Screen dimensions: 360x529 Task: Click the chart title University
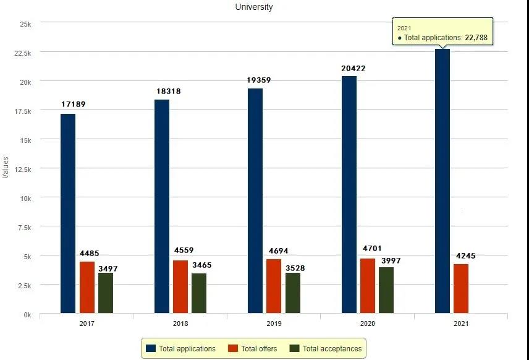tap(253, 7)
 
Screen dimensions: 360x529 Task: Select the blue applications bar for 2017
tap(68, 213)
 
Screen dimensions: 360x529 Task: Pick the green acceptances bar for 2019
tap(292, 293)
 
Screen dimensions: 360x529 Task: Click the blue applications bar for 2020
tap(349, 194)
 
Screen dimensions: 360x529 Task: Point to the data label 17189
tap(74, 105)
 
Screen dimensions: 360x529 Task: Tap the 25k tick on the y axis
tap(26, 24)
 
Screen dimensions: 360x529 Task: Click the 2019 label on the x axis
tap(274, 324)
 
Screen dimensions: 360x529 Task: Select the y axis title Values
tap(6, 168)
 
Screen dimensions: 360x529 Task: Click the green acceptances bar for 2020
tap(386, 290)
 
